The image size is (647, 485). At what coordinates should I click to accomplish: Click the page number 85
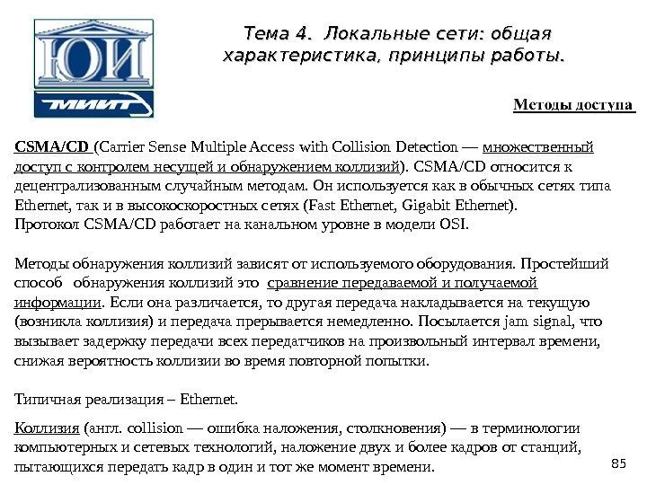616,462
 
